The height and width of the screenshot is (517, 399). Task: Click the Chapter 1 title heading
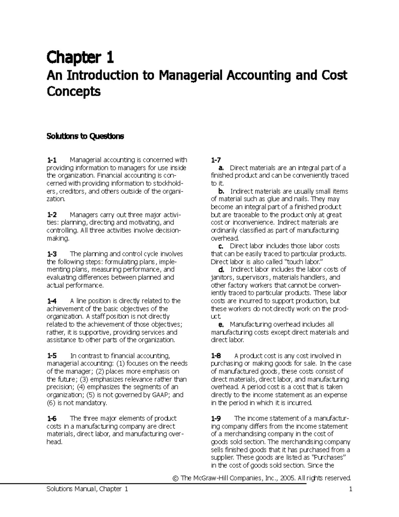(80, 58)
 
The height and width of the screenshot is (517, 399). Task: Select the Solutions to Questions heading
(85, 136)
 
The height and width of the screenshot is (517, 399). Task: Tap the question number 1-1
(52, 160)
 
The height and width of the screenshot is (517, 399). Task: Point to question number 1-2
(52, 215)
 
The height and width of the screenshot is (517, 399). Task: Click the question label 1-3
(52, 254)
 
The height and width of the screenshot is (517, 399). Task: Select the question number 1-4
(52, 301)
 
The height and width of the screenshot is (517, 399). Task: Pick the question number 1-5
(52, 356)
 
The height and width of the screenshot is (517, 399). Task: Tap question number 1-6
(52, 418)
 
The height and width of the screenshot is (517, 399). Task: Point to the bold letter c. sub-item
(221, 246)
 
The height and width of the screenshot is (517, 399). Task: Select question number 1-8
(216, 356)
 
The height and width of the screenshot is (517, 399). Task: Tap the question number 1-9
(216, 418)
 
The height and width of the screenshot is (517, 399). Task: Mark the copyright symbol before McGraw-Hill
(176, 478)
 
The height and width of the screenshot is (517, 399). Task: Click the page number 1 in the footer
(350, 489)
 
